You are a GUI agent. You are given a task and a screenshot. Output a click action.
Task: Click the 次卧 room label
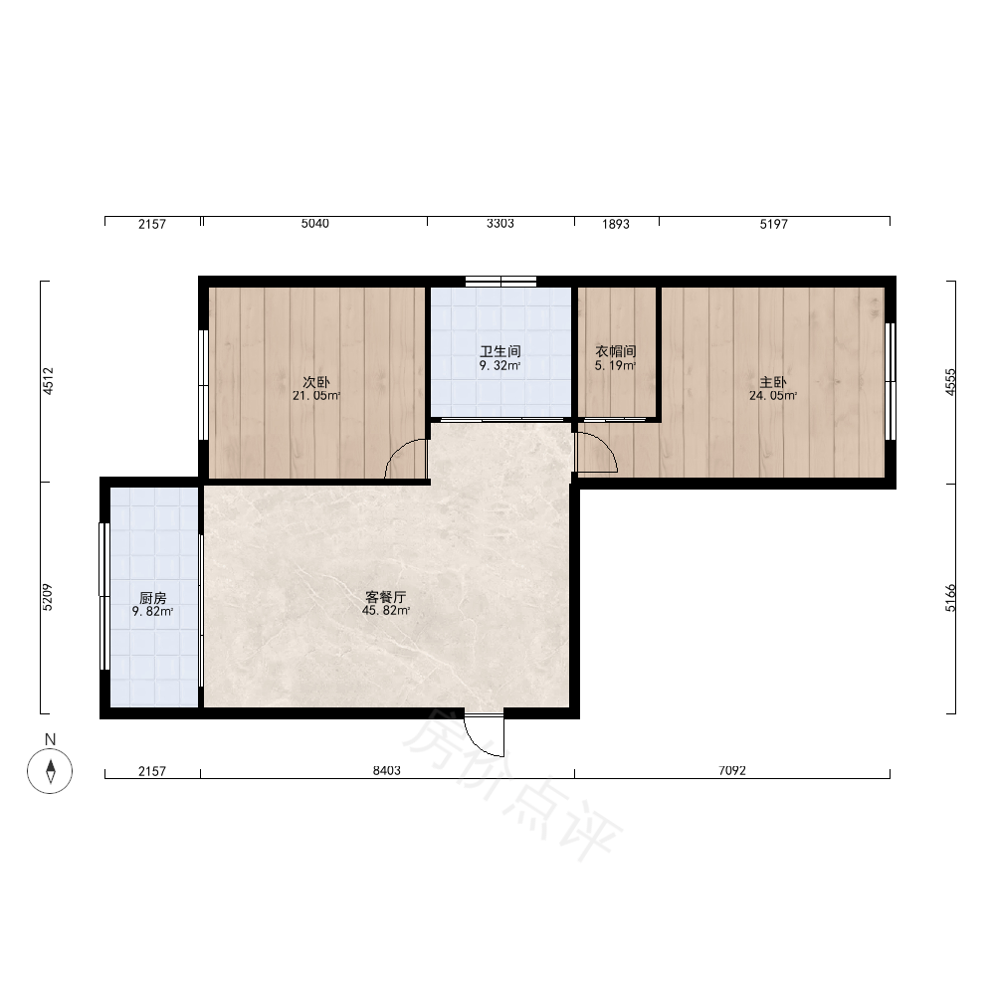click(x=316, y=382)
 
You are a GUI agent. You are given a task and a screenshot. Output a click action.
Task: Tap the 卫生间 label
click(x=500, y=351)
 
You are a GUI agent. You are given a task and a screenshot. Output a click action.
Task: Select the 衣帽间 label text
click(x=616, y=351)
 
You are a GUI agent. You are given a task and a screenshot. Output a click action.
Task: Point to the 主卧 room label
click(x=773, y=382)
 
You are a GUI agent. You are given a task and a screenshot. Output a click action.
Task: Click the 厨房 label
click(x=153, y=598)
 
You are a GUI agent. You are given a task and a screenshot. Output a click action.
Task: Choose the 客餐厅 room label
click(x=386, y=597)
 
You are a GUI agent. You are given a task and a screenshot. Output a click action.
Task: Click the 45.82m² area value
click(x=386, y=611)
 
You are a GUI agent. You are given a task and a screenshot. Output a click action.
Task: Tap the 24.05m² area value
click(x=773, y=396)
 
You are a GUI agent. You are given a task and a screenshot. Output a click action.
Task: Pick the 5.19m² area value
click(x=616, y=366)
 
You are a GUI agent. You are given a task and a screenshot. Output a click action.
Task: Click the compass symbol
click(x=50, y=771)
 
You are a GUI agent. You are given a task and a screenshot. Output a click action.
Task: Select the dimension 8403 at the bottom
click(x=386, y=770)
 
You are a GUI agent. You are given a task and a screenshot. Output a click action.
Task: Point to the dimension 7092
click(x=732, y=770)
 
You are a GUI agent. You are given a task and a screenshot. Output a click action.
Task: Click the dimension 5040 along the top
click(x=315, y=223)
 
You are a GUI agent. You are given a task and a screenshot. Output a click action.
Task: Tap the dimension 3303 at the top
click(x=500, y=223)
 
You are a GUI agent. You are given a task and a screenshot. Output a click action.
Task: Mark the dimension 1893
click(x=616, y=224)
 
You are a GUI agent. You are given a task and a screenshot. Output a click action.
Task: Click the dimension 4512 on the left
click(x=48, y=381)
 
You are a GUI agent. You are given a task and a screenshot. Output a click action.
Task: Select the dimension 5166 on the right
click(x=950, y=598)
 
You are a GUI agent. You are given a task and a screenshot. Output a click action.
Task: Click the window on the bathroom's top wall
click(x=500, y=282)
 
